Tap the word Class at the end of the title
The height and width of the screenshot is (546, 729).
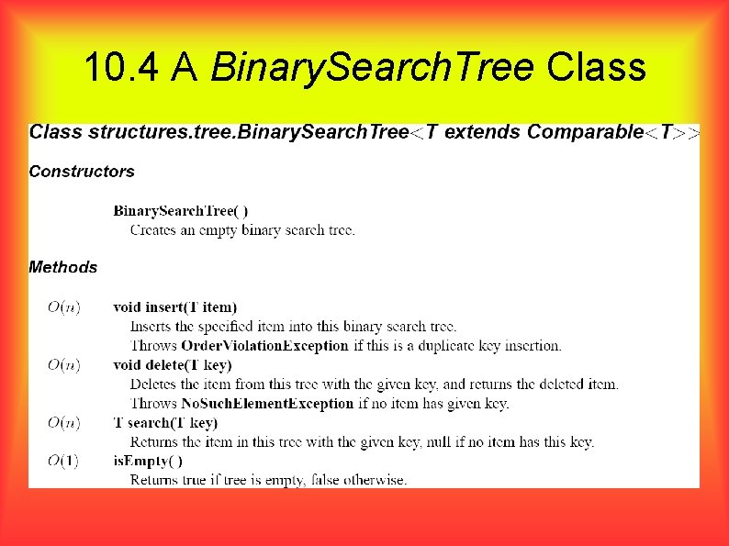coord(596,66)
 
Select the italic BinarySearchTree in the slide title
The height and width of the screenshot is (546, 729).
coord(373,66)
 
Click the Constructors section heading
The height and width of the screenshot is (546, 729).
coord(82,171)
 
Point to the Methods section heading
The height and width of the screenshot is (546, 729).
coord(62,267)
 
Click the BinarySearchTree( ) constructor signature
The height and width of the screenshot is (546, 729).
coord(180,211)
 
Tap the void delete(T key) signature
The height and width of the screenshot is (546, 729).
coord(172,364)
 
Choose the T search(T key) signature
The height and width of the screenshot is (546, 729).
coord(165,422)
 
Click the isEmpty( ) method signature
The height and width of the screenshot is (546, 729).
coord(148,461)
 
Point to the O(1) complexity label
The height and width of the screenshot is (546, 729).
coord(63,461)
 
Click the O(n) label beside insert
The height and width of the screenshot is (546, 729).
coord(63,306)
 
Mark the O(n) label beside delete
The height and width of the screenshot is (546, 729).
coord(63,364)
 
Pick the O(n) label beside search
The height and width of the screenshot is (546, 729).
coord(63,422)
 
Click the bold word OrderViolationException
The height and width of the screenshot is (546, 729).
coord(264,346)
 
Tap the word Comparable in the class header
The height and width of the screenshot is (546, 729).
coord(585,131)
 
